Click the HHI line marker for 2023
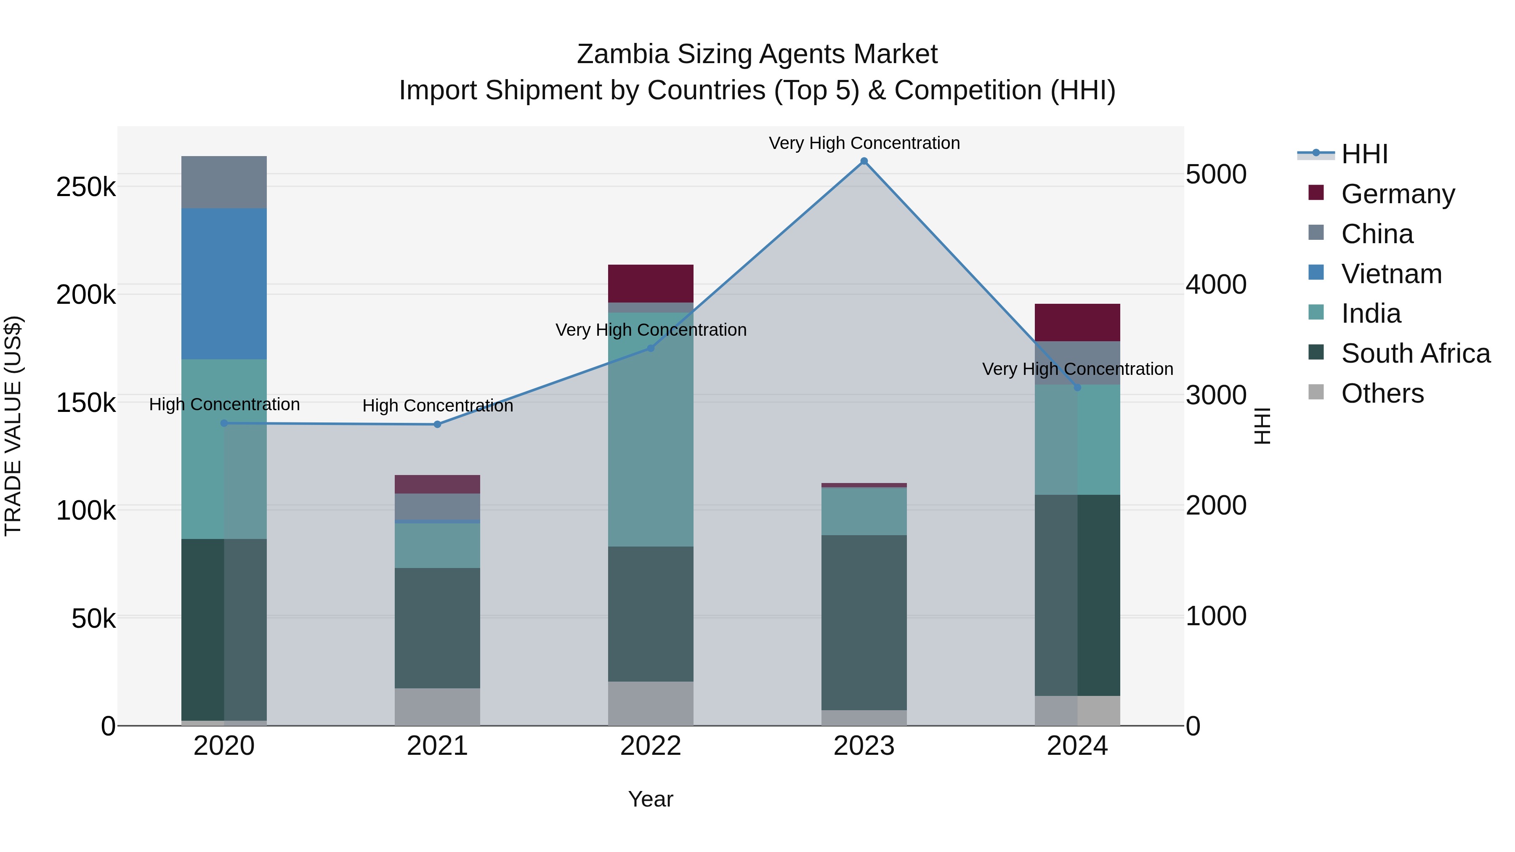(864, 161)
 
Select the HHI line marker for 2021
(437, 424)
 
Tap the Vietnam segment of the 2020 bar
(223, 284)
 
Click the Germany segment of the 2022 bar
(651, 284)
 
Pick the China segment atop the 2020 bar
(223, 182)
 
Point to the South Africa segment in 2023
(864, 622)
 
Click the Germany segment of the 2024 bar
(1077, 322)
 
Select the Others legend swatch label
(1382, 393)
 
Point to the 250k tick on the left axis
(86, 188)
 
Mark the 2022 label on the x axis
(651, 746)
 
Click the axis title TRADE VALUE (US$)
(13, 426)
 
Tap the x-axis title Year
(651, 799)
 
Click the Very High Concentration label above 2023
(864, 143)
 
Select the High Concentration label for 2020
(224, 404)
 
